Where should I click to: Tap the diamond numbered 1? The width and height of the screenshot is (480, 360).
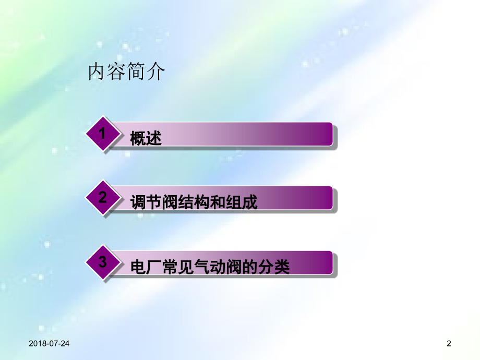[x=103, y=134]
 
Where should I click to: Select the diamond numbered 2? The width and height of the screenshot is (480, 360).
[x=103, y=198]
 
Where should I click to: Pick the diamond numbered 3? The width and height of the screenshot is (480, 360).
[x=103, y=262]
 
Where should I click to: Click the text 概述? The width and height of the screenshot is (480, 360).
[x=146, y=139]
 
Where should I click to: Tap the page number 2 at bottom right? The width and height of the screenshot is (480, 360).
[x=449, y=343]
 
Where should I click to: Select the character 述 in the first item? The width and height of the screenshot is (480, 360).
[x=154, y=139]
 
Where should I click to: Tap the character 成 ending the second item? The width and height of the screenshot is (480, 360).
[x=250, y=202]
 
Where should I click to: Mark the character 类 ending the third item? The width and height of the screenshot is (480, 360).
[x=281, y=268]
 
